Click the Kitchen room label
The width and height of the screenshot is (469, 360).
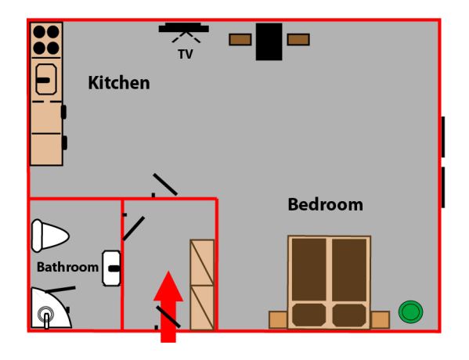(x=119, y=83)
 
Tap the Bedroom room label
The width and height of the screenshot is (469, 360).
(x=326, y=205)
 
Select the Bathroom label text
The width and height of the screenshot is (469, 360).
(x=67, y=267)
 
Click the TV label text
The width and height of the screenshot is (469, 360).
(x=186, y=54)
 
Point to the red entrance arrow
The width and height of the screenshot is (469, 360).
(x=168, y=307)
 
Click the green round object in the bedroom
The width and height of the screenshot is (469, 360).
(x=411, y=311)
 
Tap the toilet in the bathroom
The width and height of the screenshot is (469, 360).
(x=50, y=236)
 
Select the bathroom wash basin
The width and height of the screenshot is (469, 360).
(x=111, y=268)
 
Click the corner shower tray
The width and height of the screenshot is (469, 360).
(x=51, y=308)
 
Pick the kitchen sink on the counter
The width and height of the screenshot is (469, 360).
(x=46, y=79)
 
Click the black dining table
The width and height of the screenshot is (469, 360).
(x=269, y=41)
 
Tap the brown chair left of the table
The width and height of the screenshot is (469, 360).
(x=240, y=39)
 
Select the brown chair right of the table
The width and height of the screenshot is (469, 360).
(x=298, y=39)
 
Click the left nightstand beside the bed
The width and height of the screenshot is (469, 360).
(x=278, y=319)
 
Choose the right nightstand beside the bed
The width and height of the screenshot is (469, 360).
(x=381, y=319)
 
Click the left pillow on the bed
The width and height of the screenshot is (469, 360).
(x=309, y=315)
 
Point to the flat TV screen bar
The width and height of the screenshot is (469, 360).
(x=184, y=28)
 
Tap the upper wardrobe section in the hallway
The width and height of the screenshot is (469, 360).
(x=202, y=262)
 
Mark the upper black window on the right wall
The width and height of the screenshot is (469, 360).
(x=443, y=137)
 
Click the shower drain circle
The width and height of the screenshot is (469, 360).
(x=45, y=315)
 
